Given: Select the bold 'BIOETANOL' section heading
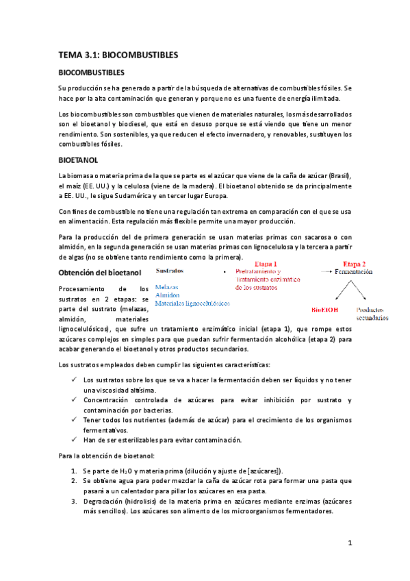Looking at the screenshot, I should tap(79, 160).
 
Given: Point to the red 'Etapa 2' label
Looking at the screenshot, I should tap(354, 264).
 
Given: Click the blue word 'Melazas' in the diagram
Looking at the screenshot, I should tap(168, 287).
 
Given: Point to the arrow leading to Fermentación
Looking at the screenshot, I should tap(325, 272).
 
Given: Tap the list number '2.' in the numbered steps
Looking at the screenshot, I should tap(75, 481).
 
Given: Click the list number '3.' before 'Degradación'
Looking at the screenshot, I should tap(75, 502).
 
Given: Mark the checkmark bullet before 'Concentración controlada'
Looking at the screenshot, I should tap(74, 399).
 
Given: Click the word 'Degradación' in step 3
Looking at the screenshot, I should tap(105, 502).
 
